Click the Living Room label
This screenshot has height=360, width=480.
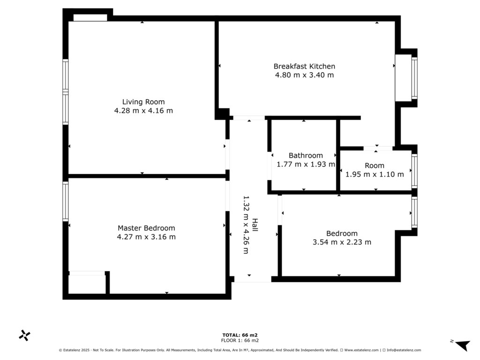143,102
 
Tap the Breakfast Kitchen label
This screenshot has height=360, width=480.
304,67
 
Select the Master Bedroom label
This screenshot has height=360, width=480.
146,228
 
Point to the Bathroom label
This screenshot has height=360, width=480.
306,156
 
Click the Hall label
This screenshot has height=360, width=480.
255,225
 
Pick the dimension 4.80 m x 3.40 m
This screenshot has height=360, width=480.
304,75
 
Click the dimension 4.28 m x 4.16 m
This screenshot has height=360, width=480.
143,111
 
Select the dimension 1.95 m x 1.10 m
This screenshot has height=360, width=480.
375,174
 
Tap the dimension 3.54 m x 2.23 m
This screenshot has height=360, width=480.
342,242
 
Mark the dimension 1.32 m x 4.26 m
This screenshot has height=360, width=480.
246,225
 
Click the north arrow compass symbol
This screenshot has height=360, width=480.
462,345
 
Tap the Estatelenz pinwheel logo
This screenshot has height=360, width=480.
24,336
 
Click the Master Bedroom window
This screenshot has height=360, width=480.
65,201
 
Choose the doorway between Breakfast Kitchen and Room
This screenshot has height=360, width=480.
378,149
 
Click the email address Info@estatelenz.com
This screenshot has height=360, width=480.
404,350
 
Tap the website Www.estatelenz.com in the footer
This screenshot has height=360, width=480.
361,350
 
